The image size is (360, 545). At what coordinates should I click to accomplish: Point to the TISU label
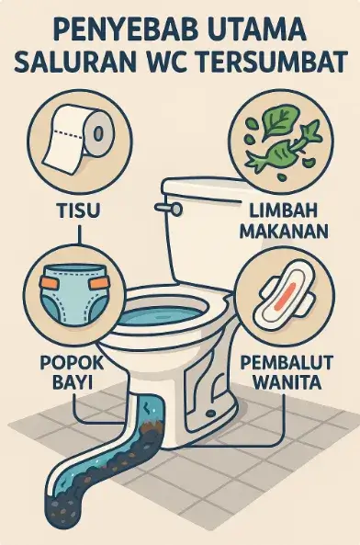coord(78,211)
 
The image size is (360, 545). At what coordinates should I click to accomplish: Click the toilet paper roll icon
coord(79,140)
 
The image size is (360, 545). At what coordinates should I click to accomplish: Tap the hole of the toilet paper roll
coord(98,134)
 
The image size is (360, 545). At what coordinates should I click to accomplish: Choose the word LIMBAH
coord(283,211)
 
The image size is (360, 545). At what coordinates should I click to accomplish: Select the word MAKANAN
coord(284,231)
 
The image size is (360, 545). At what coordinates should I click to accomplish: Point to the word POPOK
coord(72,363)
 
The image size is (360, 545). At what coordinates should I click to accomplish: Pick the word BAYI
coord(73,382)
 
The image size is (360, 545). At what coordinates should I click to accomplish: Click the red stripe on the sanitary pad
coord(284,297)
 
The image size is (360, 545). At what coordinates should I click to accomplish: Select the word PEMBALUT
coord(287,363)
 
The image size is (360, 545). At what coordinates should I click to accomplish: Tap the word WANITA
coord(287,382)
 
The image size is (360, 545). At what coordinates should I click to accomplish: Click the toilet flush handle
coord(169,208)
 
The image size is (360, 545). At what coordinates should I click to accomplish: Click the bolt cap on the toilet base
coord(210,414)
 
